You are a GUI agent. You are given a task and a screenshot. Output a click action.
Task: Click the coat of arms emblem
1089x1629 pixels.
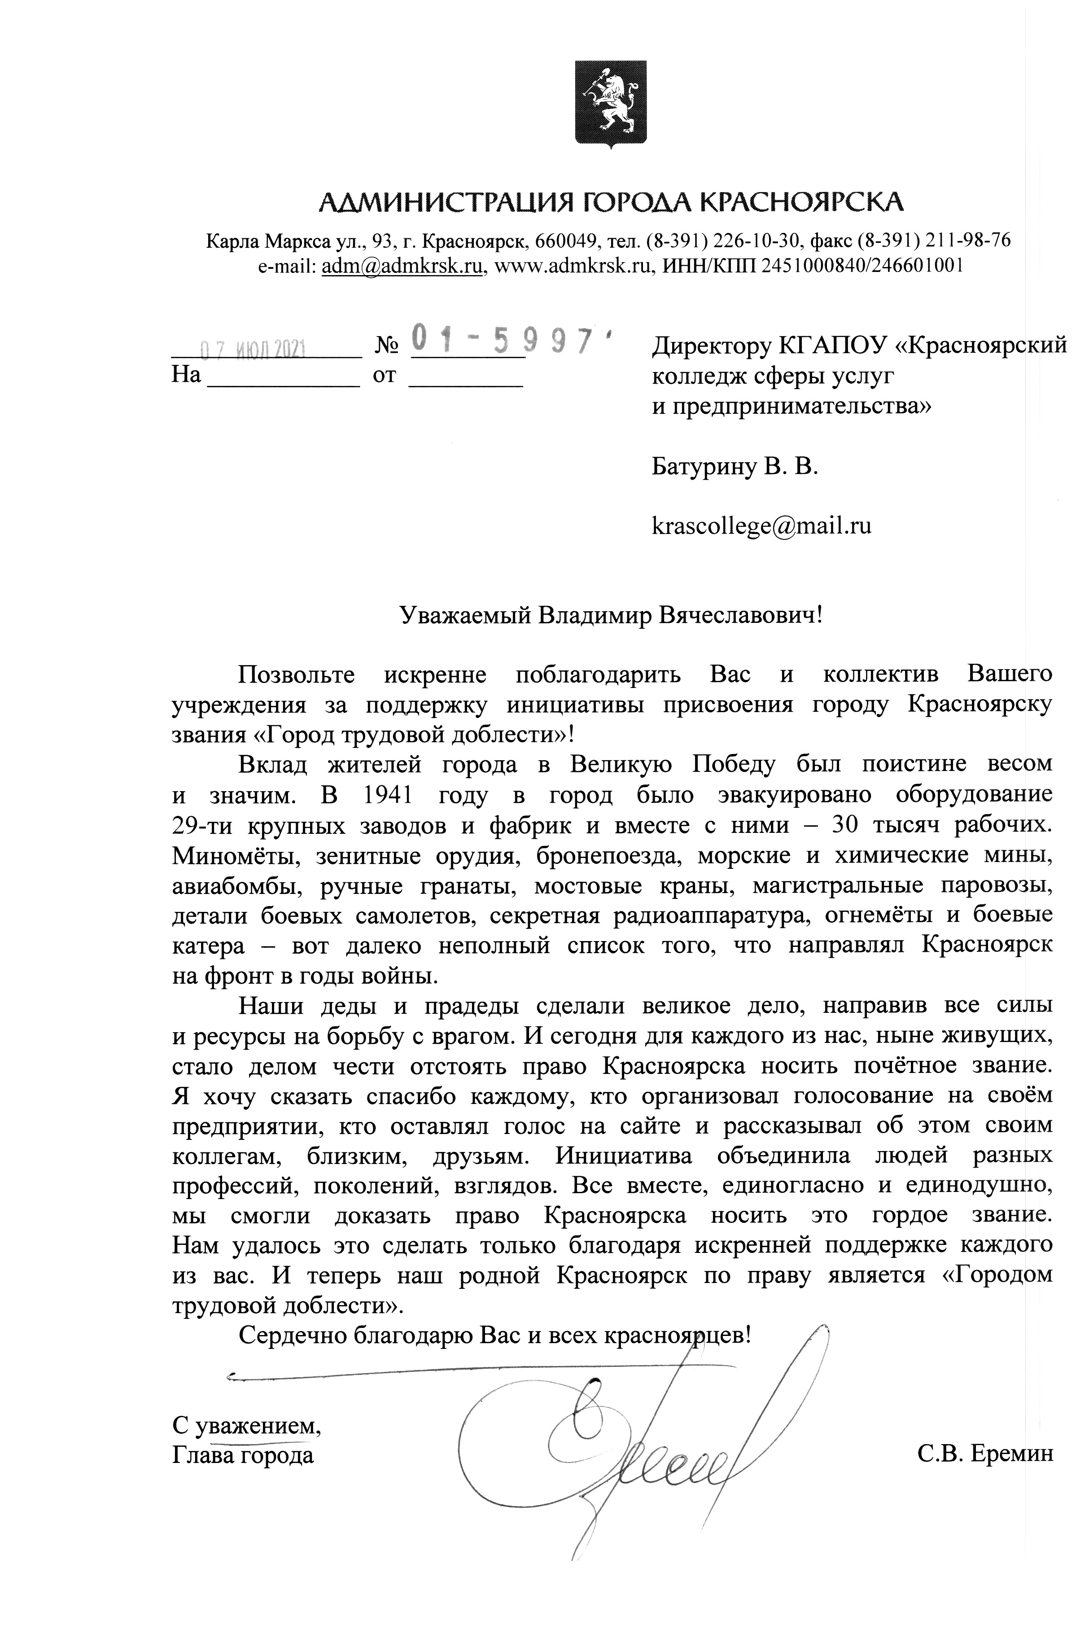tap(611, 104)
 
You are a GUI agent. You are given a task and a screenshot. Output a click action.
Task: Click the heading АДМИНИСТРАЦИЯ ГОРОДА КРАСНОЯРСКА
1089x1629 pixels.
tap(611, 201)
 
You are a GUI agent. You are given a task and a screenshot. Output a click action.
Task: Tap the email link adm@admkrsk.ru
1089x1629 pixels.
tap(403, 266)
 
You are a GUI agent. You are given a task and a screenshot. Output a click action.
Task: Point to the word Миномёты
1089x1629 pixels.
tap(236, 855)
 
